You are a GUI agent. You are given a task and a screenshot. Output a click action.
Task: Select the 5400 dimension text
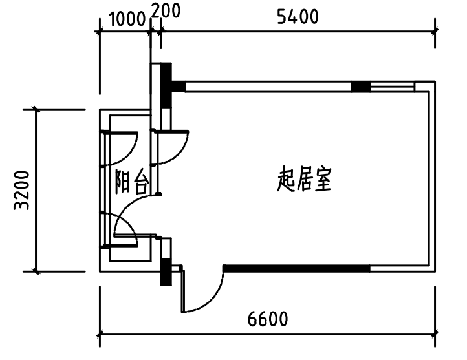click(298, 17)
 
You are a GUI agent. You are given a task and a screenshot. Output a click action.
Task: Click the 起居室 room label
click(304, 181)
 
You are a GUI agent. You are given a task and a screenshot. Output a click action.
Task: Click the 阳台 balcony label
click(131, 183)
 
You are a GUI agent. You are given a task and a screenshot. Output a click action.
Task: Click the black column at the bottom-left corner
click(166, 271)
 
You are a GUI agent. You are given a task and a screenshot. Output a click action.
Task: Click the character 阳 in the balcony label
click(123, 183)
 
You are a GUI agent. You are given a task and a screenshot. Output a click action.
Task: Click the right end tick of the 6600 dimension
click(435, 335)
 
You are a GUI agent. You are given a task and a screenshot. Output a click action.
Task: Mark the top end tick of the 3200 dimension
click(36, 109)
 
